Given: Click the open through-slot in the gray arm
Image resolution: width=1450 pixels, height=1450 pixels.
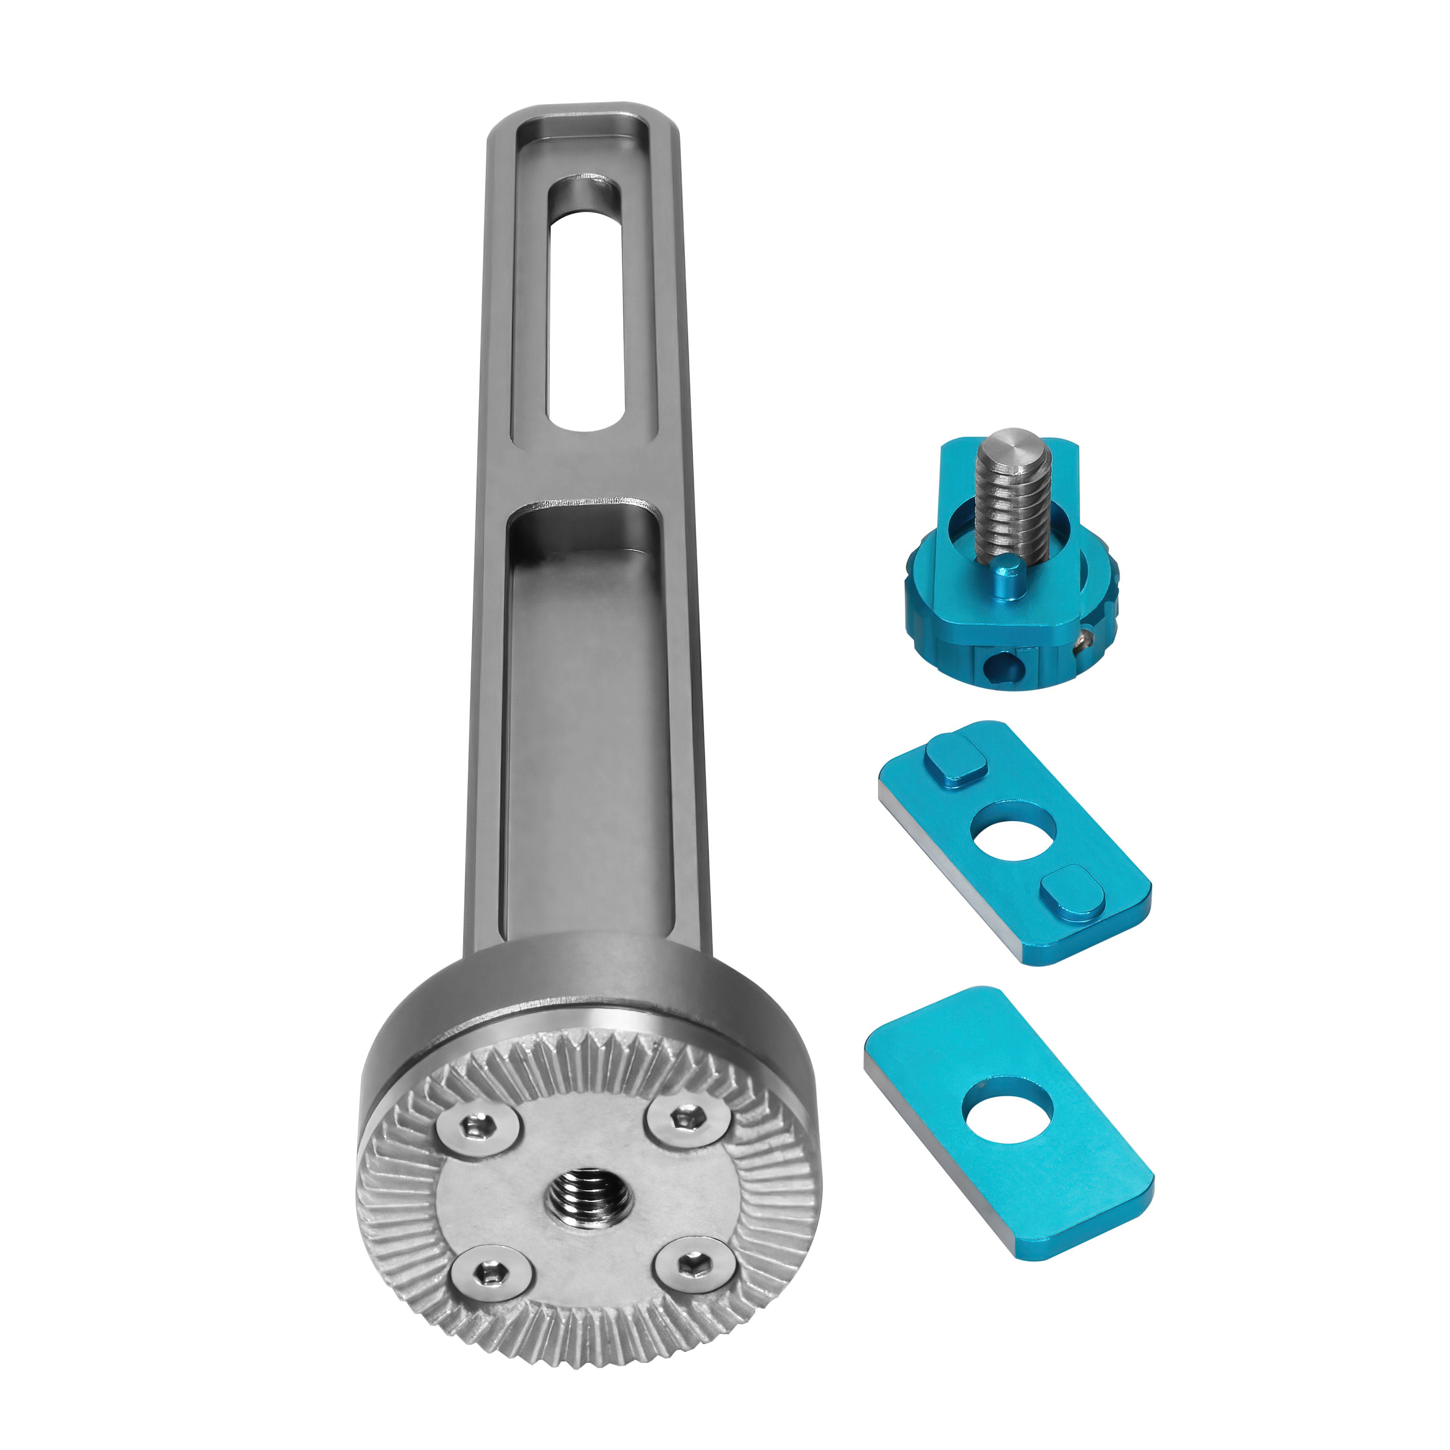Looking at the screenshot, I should (x=587, y=308).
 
